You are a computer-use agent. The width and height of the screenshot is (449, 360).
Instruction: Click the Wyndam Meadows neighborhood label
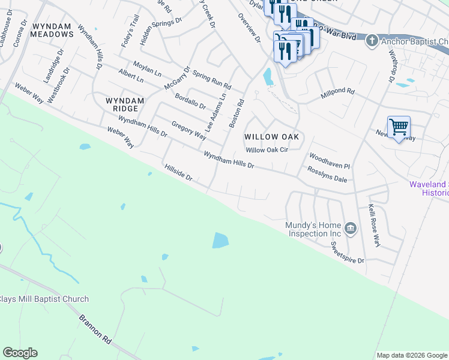coord(53,31)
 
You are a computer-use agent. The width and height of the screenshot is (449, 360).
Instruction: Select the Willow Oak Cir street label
coord(267,150)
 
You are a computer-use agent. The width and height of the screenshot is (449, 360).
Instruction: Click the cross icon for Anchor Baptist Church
coord(372,41)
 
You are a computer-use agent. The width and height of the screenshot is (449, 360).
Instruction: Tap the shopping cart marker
coord(399,127)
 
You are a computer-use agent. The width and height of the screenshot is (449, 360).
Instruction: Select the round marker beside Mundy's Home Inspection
coord(351,229)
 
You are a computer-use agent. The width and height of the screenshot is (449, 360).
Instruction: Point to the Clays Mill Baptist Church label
coord(44,299)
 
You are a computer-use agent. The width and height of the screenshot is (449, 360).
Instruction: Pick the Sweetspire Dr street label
coord(348,253)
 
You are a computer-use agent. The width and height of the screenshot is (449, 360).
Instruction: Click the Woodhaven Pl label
coord(329,160)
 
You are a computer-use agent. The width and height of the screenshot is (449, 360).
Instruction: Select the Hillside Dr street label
coord(178,173)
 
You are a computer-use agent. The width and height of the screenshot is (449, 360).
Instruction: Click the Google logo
coord(20,353)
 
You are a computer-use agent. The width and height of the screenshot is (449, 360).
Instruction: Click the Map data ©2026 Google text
coord(412,355)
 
